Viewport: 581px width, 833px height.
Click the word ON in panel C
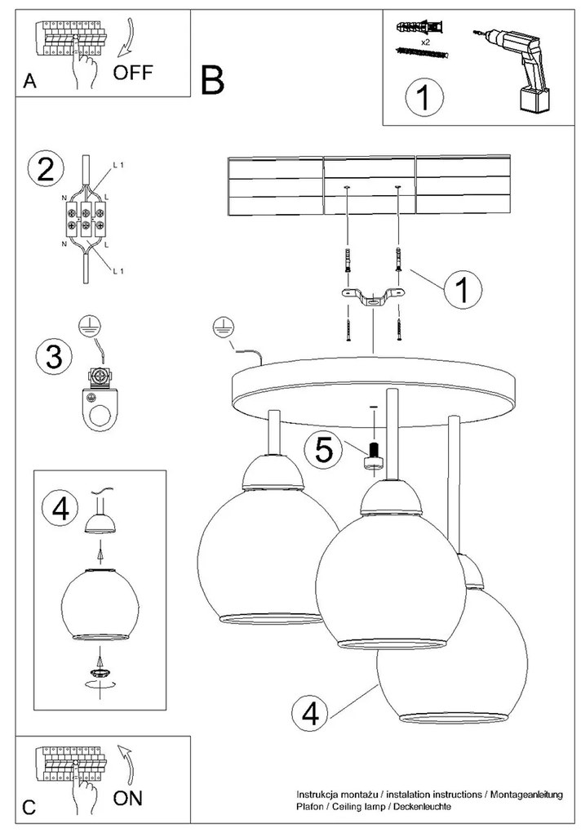[128, 798]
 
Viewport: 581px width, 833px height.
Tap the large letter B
[211, 79]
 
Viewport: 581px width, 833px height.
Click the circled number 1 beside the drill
[424, 99]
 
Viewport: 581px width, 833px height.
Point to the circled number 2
[46, 169]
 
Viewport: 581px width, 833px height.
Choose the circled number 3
[53, 357]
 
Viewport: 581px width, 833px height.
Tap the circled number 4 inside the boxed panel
[60, 510]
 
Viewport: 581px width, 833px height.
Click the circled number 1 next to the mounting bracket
[462, 289]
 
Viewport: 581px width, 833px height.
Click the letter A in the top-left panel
[30, 81]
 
